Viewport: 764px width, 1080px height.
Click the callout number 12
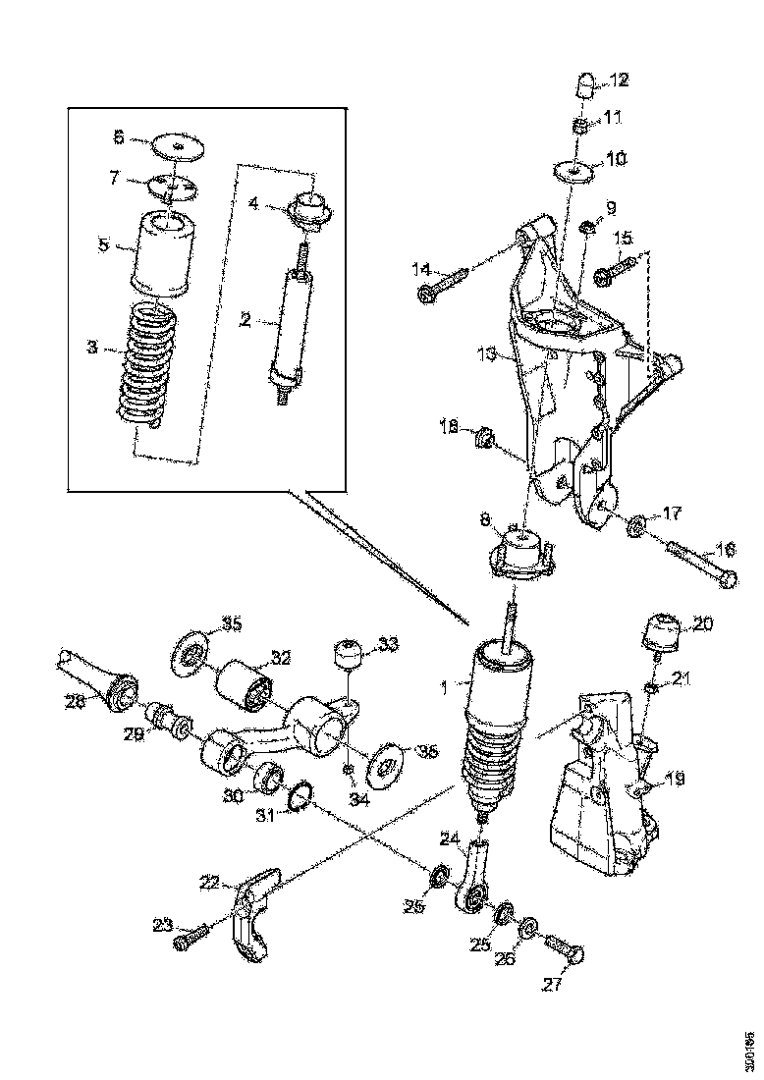click(621, 80)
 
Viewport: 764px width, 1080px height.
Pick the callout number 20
click(703, 622)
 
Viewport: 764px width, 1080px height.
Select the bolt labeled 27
click(564, 950)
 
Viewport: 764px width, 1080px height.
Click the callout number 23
click(162, 923)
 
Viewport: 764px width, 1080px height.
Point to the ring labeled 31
click(300, 796)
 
